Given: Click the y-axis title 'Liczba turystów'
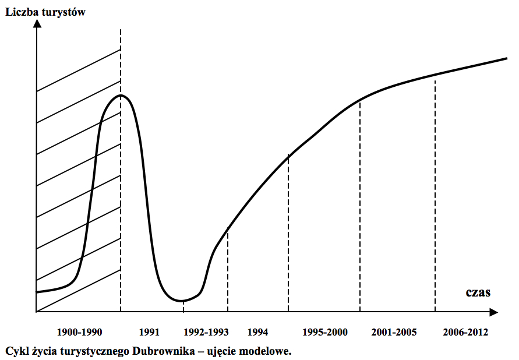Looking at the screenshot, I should (45, 11).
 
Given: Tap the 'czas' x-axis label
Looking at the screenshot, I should (478, 292).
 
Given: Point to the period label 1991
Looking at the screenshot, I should (150, 333).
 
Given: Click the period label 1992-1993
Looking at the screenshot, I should (206, 333).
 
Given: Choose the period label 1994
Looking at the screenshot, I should (257, 333).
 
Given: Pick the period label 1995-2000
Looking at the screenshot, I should (325, 333).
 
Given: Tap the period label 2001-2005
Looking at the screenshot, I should (394, 333).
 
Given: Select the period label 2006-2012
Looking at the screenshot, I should (465, 333).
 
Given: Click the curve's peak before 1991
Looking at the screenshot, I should (121, 95).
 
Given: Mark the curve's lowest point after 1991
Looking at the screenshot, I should (182, 301).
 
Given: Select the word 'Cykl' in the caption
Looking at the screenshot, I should (16, 351).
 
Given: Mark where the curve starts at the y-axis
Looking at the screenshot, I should (37, 291).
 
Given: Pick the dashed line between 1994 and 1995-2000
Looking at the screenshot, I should (288, 233).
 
